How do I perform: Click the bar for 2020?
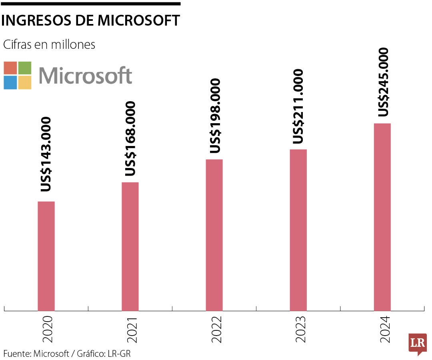point(46,256)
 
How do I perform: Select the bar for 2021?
point(130,246)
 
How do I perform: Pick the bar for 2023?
point(298,230)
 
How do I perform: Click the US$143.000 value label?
point(46,154)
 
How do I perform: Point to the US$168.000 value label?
point(130,138)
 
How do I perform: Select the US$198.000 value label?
point(215,116)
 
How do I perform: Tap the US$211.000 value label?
point(298,106)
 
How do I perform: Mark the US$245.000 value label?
point(383,82)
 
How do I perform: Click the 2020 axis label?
point(47,330)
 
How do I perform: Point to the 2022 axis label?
point(216,330)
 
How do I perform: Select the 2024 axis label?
point(385,330)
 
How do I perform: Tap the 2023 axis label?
point(301,330)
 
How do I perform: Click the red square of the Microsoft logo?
point(10,68)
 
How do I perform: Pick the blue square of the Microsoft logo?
point(10,82)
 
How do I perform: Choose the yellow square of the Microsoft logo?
point(25,82)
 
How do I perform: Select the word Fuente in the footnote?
point(16,354)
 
